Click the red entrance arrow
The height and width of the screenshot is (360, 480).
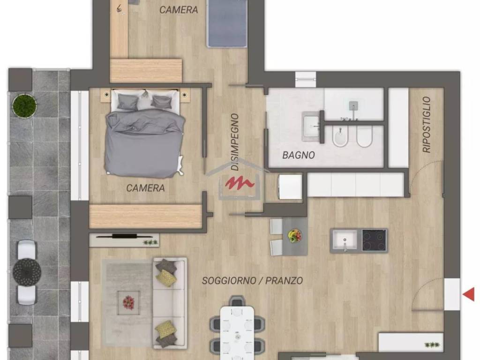pyautogui.click(x=469, y=294)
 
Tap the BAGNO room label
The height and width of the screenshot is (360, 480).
pyautogui.click(x=299, y=155)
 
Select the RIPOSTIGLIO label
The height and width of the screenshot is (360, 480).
pyautogui.click(x=427, y=125)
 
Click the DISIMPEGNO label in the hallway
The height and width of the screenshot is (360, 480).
pyautogui.click(x=235, y=142)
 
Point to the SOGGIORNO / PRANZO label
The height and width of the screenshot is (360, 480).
pyautogui.click(x=253, y=280)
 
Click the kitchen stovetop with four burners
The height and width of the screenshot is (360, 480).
pyautogui.click(x=374, y=240)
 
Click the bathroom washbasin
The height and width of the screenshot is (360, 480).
pyautogui.click(x=312, y=126)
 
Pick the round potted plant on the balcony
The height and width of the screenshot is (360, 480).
pyautogui.click(x=24, y=105)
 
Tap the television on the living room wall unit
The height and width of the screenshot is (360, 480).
pyautogui.click(x=125, y=236)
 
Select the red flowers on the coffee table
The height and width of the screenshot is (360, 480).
pyautogui.click(x=128, y=302)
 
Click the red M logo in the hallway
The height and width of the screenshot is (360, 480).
pyautogui.click(x=240, y=182)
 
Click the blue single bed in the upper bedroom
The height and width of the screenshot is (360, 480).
pyautogui.click(x=227, y=23)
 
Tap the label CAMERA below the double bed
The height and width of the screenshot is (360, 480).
pyautogui.click(x=145, y=187)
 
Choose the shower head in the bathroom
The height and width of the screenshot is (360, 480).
pyautogui.click(x=353, y=105)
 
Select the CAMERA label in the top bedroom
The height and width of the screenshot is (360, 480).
pyautogui.click(x=179, y=10)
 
